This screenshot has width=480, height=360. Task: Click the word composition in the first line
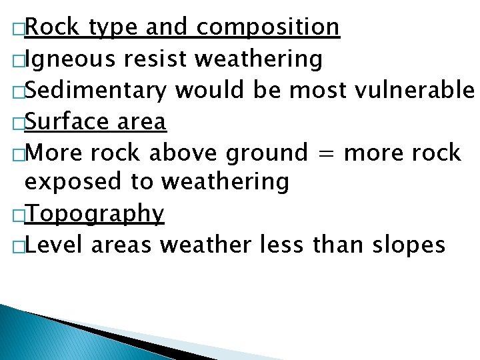[268, 28]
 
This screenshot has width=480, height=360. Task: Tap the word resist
[155, 59]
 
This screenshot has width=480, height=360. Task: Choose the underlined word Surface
[67, 121]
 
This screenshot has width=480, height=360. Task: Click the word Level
[55, 245]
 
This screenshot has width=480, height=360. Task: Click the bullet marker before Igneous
[18, 61]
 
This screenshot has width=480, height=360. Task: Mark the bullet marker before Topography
[18, 216]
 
